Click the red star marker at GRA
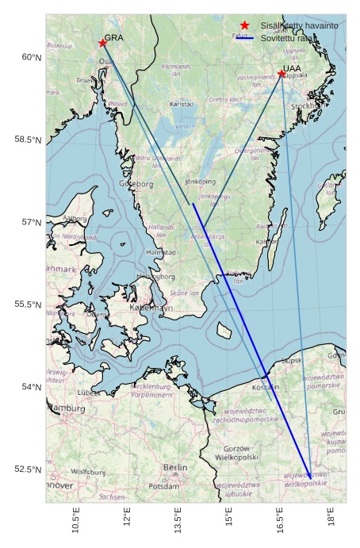(102, 43)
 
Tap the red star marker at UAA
(281, 74)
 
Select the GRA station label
(113, 37)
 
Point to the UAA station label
(292, 69)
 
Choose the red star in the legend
(244, 26)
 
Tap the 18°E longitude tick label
(331, 519)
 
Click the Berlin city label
(175, 468)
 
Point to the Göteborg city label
(136, 184)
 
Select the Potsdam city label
(164, 486)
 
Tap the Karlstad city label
(182, 104)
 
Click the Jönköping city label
(200, 181)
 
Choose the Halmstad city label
(162, 252)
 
